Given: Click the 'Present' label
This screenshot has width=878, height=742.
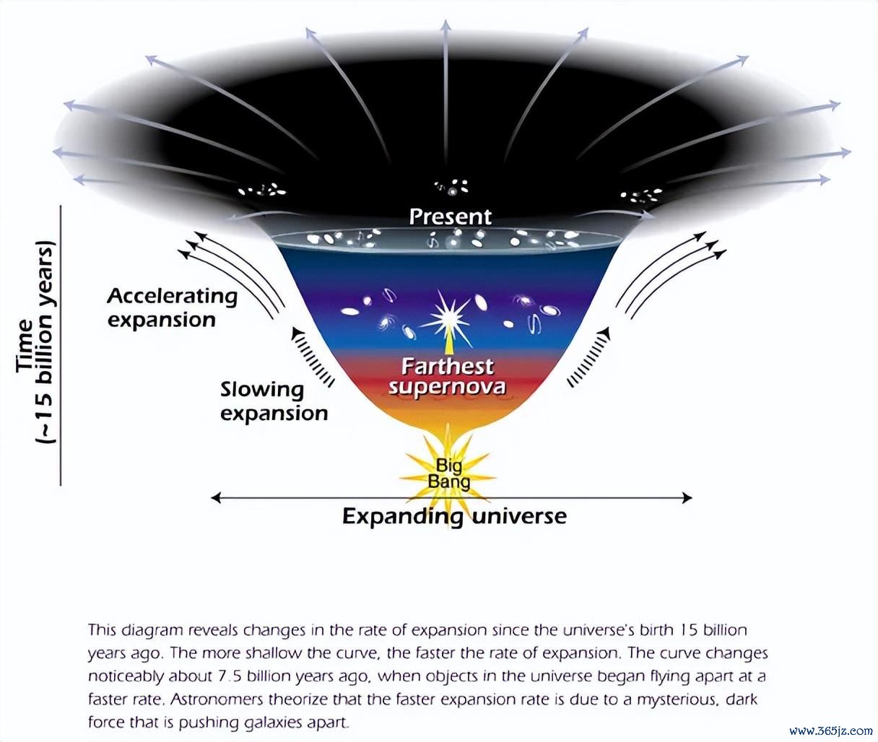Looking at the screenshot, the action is click(x=451, y=217).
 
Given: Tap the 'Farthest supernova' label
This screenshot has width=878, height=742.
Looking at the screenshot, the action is click(x=448, y=377).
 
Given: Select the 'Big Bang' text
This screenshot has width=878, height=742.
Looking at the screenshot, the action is click(x=449, y=474).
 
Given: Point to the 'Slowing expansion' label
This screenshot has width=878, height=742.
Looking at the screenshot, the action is click(x=274, y=401).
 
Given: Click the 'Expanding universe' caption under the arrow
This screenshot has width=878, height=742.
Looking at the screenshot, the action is click(x=454, y=517).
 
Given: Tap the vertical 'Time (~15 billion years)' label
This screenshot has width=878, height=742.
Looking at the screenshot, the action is click(x=35, y=343).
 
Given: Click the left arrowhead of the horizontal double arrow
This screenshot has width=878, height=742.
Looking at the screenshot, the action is click(x=216, y=497).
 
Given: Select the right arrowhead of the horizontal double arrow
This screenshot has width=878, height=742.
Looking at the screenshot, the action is click(x=687, y=497).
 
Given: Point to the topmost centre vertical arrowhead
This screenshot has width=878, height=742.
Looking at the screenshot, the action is click(x=445, y=25).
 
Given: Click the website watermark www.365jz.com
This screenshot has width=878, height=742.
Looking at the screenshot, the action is click(x=830, y=731).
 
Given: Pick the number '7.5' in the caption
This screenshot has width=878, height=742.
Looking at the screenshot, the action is click(x=230, y=676).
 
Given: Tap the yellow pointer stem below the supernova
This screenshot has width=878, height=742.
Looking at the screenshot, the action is click(x=448, y=342).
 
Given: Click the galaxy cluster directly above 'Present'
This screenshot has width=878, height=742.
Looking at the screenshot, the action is click(x=452, y=187).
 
